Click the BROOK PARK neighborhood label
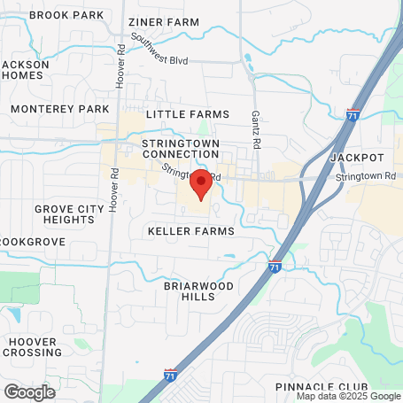pyautogui.click(x=66, y=15)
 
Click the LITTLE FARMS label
pyautogui.click(x=187, y=114)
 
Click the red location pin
pyautogui.click(x=200, y=183)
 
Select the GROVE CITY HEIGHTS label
pyautogui.click(x=64, y=214)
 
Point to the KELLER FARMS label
pyautogui.click(x=191, y=231)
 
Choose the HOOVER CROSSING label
pyautogui.click(x=33, y=347)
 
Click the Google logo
pyautogui.click(x=28, y=391)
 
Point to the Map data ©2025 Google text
pyautogui.click(x=348, y=396)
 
